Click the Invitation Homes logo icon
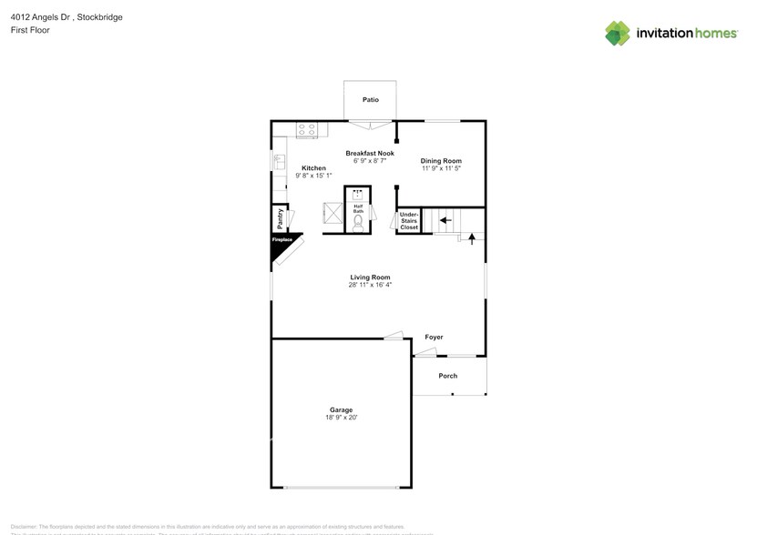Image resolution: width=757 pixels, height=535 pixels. tap(618, 33)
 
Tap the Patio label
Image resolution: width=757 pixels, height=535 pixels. tap(370, 100)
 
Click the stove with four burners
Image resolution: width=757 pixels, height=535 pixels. tap(306, 130)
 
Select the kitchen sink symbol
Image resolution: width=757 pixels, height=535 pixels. tap(279, 163)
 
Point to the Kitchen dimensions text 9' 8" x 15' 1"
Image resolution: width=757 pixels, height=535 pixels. tap(313, 175)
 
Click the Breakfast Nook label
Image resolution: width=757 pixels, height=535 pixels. tap(369, 153)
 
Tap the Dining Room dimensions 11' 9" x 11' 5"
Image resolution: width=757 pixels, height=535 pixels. tap(441, 168)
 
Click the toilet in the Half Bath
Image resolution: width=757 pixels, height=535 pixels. tap(358, 221)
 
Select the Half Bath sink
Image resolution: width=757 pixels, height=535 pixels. tap(358, 193)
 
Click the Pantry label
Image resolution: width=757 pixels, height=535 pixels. tap(280, 218)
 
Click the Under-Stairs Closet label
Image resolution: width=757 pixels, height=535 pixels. tap(409, 220)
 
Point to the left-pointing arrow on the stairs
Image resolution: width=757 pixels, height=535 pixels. tap(445, 219)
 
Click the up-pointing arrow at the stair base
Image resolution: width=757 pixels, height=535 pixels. tap(472, 239)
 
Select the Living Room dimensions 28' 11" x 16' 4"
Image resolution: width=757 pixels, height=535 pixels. tap(370, 285)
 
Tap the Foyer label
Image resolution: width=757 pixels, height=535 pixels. tap(434, 338)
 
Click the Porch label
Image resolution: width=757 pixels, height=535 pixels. tap(447, 376)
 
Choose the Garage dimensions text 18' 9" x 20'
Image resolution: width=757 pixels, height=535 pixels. tap(342, 418)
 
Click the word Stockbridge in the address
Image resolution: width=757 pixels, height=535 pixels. tap(100, 17)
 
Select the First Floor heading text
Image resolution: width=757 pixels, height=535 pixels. tap(31, 30)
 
